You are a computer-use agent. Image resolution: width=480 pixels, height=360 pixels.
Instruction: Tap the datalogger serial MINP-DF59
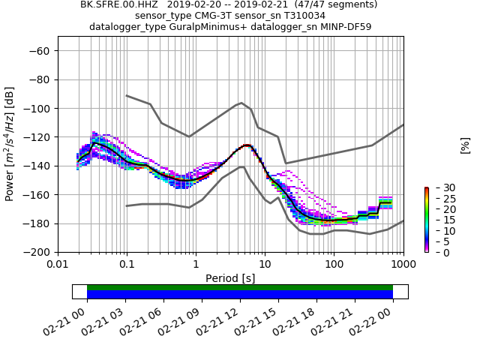pyautogui.click(x=345, y=27)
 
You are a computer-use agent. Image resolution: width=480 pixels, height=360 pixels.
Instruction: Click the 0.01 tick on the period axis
pyautogui.click(x=58, y=265)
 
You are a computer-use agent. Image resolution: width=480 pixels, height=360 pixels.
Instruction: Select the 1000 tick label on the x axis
pyautogui.click(x=403, y=265)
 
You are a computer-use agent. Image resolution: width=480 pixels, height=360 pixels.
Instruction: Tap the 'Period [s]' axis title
pyautogui.click(x=230, y=278)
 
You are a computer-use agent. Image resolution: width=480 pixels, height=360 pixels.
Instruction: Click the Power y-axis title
pyautogui.click(x=10, y=144)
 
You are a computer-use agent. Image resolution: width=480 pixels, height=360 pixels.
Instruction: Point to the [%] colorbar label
pyautogui.click(x=465, y=145)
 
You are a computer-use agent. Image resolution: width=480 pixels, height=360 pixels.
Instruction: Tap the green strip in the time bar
pyautogui.click(x=240, y=287)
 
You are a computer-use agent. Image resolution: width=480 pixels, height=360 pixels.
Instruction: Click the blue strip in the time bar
pyautogui.click(x=240, y=295)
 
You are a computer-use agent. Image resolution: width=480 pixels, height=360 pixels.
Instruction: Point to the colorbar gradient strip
pyautogui.click(x=426, y=220)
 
